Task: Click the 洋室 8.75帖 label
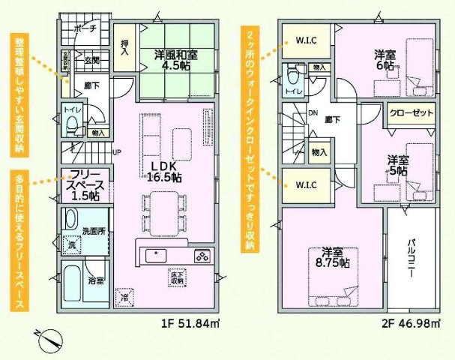tap(332, 257)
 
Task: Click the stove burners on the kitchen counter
tap(203, 256)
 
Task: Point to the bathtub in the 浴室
tap(73, 281)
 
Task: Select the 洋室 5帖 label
tap(397, 165)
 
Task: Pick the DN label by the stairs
tap(313, 114)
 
